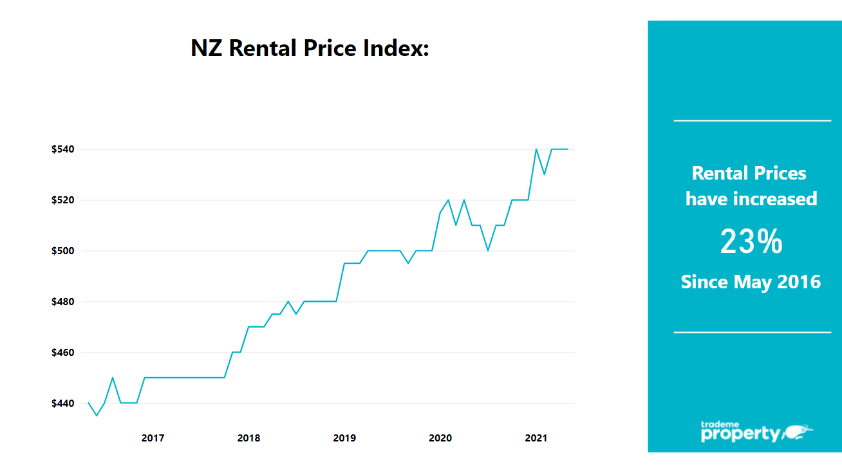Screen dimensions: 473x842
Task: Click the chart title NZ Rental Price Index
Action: pos(310,48)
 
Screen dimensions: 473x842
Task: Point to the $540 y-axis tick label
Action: pos(63,149)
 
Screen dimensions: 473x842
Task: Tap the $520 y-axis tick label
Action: pos(63,200)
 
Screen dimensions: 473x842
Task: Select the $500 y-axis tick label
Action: pos(63,251)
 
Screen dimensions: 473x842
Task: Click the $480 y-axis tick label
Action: pos(63,302)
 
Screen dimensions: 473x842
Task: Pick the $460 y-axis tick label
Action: pos(63,353)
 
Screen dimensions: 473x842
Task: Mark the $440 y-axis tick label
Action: pos(63,403)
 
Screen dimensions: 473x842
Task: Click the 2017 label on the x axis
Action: pos(153,438)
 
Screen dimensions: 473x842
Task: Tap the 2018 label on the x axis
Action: pos(248,438)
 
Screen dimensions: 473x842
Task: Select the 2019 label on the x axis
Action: pos(344,438)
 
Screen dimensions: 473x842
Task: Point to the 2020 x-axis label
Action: pos(440,438)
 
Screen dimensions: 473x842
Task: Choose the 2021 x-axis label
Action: pos(536,438)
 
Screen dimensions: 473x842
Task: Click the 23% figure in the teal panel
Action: pos(751,242)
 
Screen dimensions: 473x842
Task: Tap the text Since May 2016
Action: pos(751,282)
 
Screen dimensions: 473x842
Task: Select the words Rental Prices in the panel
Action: pos(749,173)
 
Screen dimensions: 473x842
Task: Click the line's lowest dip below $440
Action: pos(97,415)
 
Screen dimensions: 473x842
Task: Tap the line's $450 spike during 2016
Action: pos(113,378)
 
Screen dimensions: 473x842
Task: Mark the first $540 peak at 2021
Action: pos(536,149)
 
